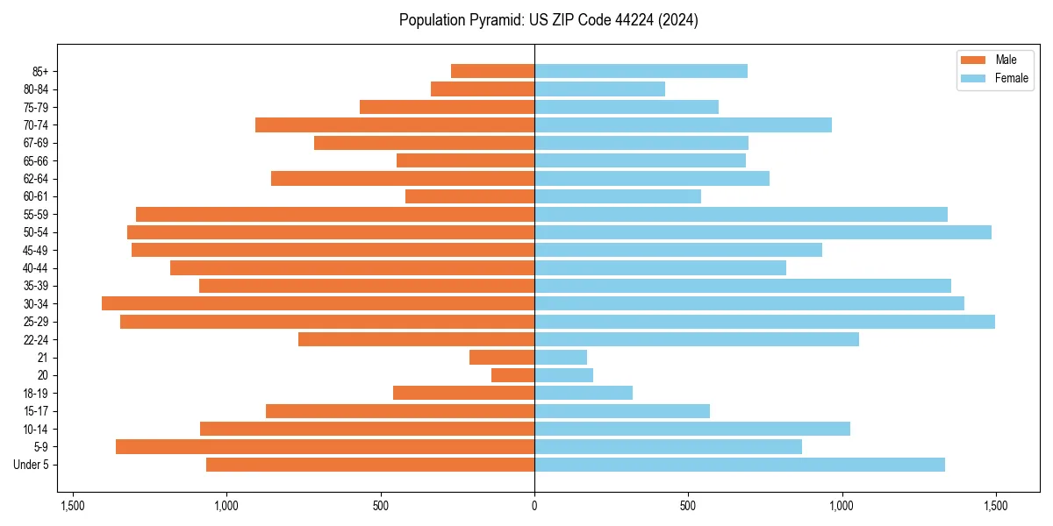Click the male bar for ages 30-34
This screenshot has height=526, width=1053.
point(318,303)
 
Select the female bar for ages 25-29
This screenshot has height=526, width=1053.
point(764,322)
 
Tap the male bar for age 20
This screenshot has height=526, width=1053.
point(512,375)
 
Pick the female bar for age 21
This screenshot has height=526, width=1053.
point(561,357)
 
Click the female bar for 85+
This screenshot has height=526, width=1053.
point(641,71)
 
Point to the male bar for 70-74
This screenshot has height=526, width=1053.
point(395,124)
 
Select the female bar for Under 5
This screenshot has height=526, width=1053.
point(739,465)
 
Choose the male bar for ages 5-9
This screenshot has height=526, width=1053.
point(325,446)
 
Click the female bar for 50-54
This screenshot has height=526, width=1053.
point(763,232)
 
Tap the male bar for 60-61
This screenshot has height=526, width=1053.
point(469,196)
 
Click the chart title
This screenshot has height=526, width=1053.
point(548,20)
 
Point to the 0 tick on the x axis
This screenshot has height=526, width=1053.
point(534,506)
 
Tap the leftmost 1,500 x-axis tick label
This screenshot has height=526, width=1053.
point(73,506)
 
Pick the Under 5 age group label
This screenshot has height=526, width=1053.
point(32,465)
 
